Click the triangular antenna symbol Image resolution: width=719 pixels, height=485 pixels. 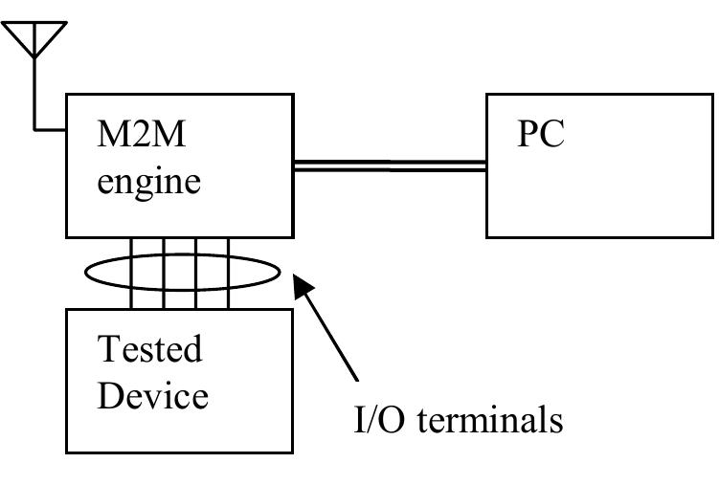pos(34,38)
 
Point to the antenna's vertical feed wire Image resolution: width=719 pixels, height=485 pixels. pos(34,91)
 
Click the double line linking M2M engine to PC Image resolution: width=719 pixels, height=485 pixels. pos(389,166)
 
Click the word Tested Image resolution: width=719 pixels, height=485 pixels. pos(151,349)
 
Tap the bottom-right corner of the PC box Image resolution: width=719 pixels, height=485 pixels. pos(712,236)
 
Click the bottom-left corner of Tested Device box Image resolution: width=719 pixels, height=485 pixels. pos(66,452)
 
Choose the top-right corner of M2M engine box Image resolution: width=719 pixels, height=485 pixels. pos(293,95)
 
